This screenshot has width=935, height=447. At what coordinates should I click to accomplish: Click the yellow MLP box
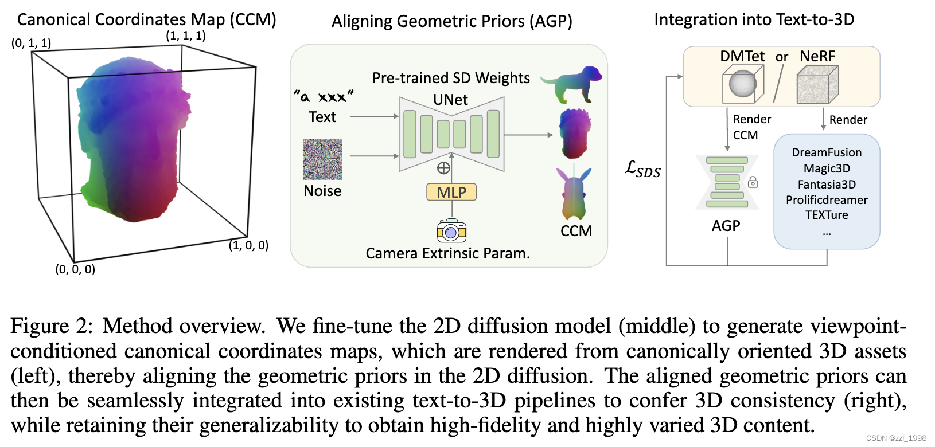pos(451,192)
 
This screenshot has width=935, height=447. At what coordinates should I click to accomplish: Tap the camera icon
pos(451,231)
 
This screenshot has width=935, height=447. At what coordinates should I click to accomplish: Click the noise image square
pos(322,159)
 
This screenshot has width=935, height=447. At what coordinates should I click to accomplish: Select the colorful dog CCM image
pos(572,83)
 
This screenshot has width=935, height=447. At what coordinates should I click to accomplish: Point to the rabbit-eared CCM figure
pos(573,193)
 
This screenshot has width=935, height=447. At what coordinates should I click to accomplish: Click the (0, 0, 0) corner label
pos(75,269)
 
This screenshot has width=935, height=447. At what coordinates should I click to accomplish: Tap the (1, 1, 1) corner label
pos(186,36)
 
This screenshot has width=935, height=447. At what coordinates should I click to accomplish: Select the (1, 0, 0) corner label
pos(248,245)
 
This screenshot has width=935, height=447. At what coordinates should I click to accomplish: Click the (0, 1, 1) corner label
pos(31,43)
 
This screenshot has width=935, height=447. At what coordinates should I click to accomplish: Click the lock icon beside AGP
pos(753,182)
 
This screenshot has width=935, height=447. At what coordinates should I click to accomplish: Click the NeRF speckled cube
pos(817,84)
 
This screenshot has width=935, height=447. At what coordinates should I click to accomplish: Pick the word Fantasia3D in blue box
pos(827,185)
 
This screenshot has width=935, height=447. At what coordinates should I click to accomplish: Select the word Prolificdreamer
pos(827,200)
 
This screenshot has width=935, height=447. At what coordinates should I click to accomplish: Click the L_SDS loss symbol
pos(643,169)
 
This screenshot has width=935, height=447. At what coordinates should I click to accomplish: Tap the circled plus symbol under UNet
pos(443,168)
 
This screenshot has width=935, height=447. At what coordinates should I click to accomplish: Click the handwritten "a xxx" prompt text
pos(324,96)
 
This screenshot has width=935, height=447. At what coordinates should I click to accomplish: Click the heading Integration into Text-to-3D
pos(754,19)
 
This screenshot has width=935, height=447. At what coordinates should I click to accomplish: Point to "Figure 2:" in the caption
pos(51,326)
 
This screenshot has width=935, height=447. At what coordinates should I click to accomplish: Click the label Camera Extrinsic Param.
pos(447,253)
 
